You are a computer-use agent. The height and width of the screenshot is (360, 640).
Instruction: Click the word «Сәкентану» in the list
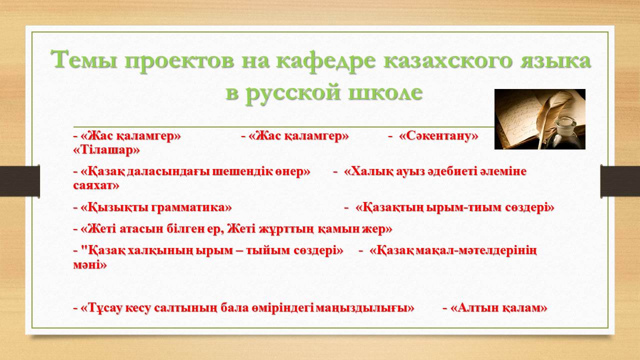click(438, 136)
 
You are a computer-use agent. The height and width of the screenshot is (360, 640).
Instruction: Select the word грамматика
click(191, 207)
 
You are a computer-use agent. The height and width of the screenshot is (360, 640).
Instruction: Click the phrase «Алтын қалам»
click(498, 308)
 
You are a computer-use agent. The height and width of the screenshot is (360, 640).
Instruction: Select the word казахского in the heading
click(447, 60)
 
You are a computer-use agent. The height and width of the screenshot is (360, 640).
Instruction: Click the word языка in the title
click(555, 60)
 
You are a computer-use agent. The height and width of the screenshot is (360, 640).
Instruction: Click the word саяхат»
click(96, 186)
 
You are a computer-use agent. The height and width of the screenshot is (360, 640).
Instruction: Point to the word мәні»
click(90, 265)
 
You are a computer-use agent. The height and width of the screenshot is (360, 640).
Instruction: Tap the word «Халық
click(366, 172)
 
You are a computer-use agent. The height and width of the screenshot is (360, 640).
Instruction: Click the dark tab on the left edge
click(19, 181)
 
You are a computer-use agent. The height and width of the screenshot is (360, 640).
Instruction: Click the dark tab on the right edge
click(620, 181)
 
